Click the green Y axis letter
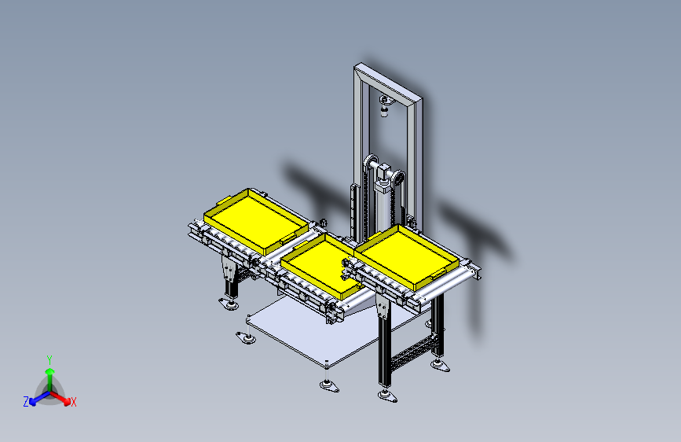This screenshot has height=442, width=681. point(49,360)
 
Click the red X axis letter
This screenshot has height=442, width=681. point(73,402)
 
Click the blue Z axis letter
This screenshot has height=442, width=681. point(26,402)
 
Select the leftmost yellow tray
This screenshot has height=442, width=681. point(256,221)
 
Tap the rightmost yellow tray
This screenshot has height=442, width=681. point(407,256)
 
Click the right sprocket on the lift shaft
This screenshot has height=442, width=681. point(399,179)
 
